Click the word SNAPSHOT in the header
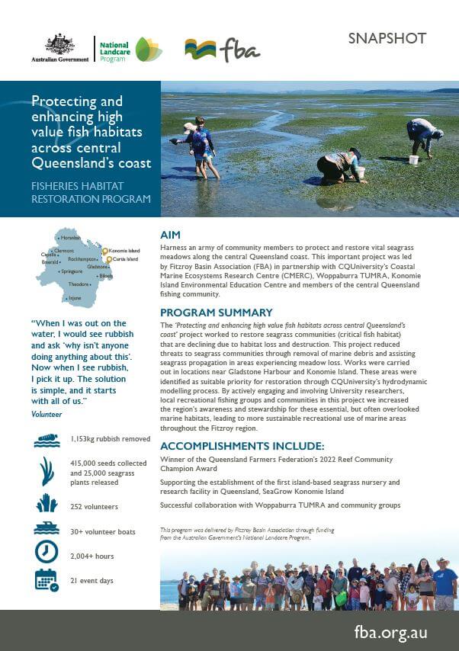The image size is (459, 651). coord(387,39)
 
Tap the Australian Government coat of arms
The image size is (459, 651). coord(59,44)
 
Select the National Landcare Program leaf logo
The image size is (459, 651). coord(148,50)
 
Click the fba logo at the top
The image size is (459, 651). coord(222,50)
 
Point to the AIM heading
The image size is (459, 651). coord(171,236)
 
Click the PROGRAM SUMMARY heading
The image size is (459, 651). coord(216,313)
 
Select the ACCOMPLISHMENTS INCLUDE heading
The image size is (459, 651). coord(242,445)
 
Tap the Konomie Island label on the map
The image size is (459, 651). coord(124,250)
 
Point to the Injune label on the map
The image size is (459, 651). coord(75,298)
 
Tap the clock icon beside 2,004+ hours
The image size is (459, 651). coord(46,552)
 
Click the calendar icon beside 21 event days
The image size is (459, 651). coord(46,580)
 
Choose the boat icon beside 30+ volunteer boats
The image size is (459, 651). coord(46,528)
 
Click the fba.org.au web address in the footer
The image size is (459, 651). coord(391,632)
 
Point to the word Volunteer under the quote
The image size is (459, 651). coord(47,414)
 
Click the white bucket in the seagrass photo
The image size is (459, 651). coord(413,160)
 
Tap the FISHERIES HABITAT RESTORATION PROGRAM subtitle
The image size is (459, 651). coord(91,192)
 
